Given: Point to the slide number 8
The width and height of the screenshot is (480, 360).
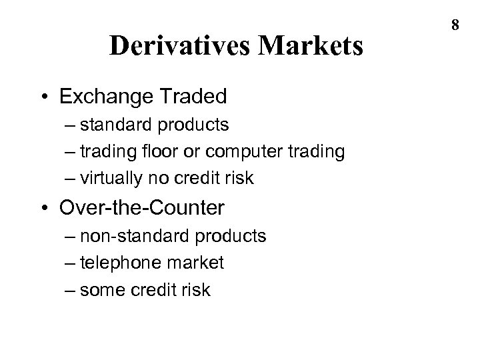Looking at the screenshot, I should point(455,25).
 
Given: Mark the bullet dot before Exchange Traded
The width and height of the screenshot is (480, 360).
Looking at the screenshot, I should point(45,97).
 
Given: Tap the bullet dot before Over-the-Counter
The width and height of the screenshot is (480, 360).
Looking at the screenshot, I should point(45,208).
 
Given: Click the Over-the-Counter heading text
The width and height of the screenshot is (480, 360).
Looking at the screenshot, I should point(142,208).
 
